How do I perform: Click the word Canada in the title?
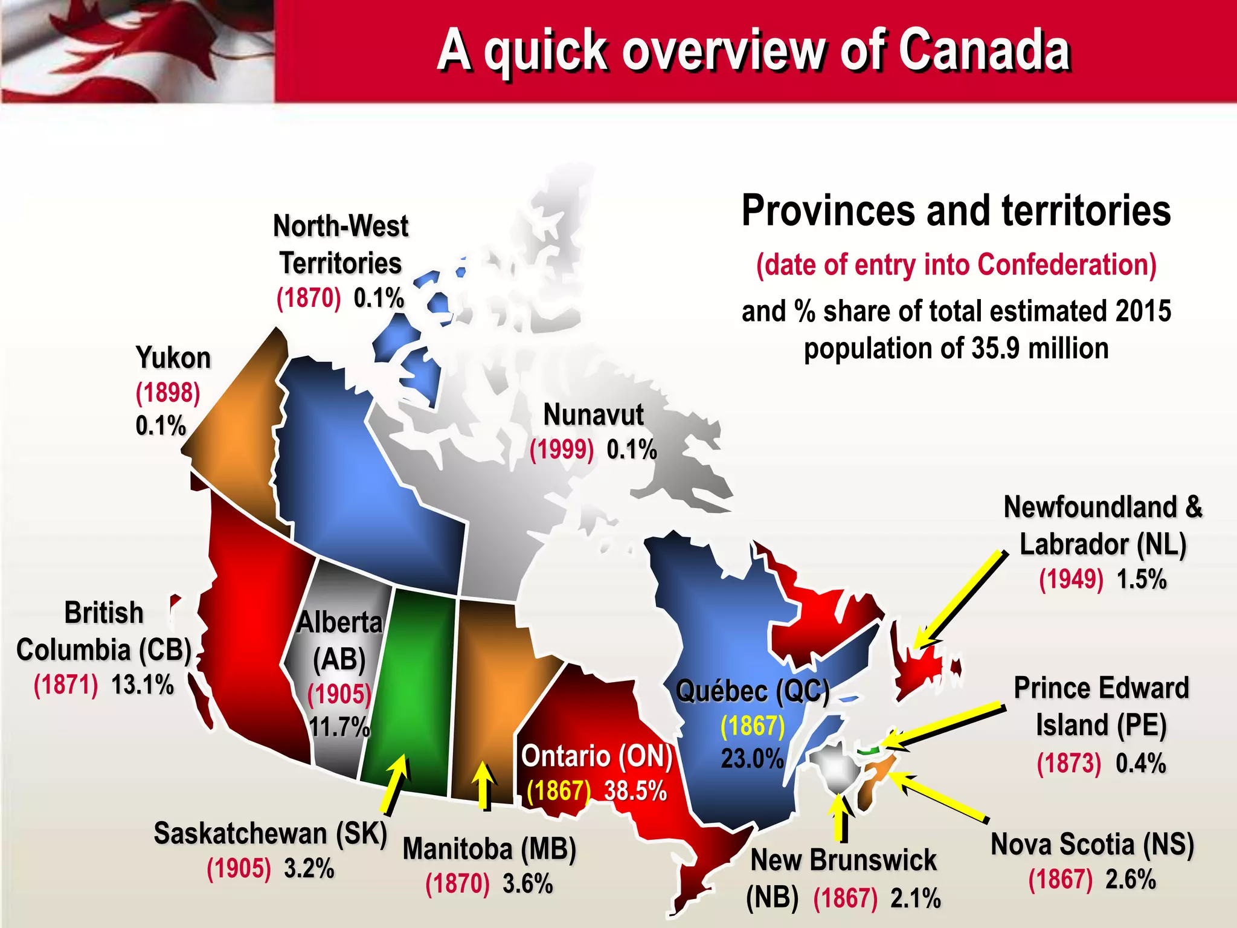(x=984, y=51)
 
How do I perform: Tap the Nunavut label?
(x=593, y=415)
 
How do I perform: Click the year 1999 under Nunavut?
(x=561, y=450)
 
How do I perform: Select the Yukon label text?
(x=173, y=358)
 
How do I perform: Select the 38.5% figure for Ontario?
(x=635, y=791)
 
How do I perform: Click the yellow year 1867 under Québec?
(x=753, y=726)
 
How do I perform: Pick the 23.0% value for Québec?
(x=752, y=759)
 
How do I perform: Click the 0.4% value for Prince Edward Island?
(x=1140, y=763)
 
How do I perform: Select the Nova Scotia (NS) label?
(x=1092, y=845)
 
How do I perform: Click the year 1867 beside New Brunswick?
(x=845, y=898)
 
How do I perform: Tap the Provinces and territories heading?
(x=956, y=211)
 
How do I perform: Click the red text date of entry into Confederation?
(x=956, y=265)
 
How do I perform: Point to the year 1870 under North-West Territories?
(x=308, y=298)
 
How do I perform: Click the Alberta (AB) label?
(x=339, y=640)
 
